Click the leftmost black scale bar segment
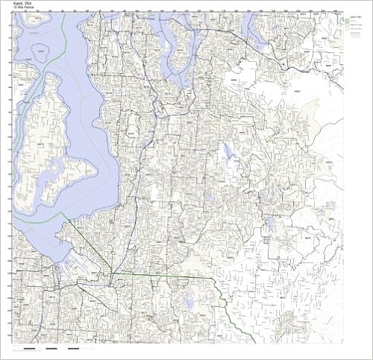(x=29, y=348)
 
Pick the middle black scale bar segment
(x=51, y=348)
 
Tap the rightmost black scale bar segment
(x=73, y=348)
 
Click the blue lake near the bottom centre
(x=189, y=302)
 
